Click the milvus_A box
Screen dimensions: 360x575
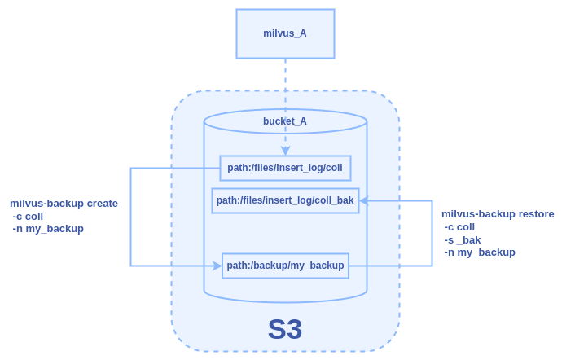(285, 33)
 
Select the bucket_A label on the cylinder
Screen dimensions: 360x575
(285, 121)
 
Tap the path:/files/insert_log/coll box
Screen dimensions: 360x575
(285, 168)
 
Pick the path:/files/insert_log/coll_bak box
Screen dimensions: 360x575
(285, 200)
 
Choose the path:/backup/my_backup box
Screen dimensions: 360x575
(285, 266)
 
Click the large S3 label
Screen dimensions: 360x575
(285, 329)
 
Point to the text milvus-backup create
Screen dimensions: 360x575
(64, 204)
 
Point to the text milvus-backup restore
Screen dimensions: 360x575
(498, 214)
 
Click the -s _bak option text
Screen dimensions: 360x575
(463, 239)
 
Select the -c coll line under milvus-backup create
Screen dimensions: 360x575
(28, 216)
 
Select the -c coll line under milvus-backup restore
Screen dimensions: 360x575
(459, 226)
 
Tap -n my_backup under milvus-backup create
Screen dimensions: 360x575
(48, 229)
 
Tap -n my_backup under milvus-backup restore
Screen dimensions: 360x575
(480, 252)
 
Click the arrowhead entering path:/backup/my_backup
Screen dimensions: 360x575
(217, 266)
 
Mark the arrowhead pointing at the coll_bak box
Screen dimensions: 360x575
(363, 200)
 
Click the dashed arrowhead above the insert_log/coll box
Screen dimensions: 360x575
(285, 151)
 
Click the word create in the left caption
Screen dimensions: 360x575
(100, 204)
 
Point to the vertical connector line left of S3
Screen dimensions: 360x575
(131, 217)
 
